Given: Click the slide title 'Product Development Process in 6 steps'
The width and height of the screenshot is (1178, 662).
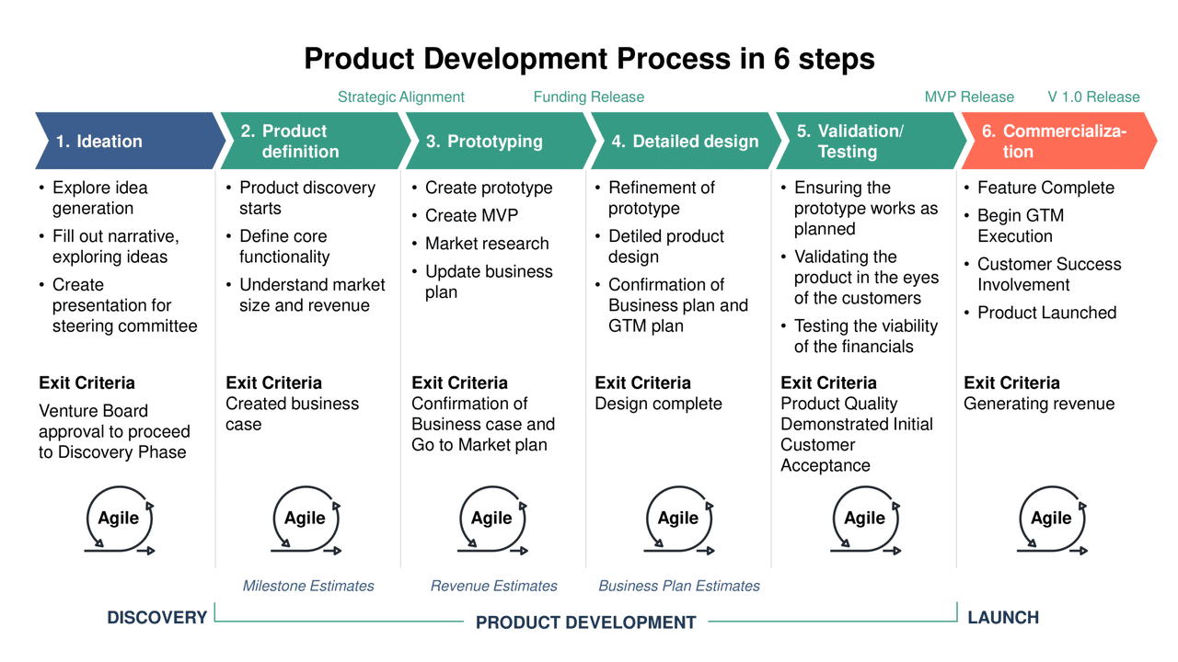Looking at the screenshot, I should (x=589, y=59).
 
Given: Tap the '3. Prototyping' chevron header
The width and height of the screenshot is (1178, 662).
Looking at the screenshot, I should (x=497, y=142).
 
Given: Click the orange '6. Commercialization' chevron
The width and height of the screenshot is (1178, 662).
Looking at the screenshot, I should (x=1054, y=142).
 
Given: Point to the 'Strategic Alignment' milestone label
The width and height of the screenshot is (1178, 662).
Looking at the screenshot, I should (x=400, y=97).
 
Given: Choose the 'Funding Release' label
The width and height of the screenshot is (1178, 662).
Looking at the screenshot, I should (x=588, y=97).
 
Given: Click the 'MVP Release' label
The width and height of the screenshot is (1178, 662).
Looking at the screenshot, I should (x=968, y=97).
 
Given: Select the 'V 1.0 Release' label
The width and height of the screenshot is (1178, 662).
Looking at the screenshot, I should (x=1093, y=97).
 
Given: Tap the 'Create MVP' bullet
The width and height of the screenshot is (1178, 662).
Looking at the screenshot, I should (x=471, y=216).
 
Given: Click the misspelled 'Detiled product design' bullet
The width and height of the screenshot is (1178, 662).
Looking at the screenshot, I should (x=666, y=246).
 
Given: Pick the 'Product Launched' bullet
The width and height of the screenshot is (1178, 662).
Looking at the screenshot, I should (x=1046, y=313).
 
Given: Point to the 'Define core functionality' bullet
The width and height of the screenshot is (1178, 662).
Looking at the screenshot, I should (x=283, y=246).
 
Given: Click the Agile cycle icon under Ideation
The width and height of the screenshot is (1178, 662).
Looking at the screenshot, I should (x=120, y=519).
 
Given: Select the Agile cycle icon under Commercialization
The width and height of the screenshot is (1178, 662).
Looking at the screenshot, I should (x=1052, y=519).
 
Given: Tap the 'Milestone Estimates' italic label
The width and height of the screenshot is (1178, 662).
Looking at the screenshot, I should (x=308, y=586).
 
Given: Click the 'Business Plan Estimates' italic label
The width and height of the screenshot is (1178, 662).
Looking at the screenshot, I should (x=679, y=586).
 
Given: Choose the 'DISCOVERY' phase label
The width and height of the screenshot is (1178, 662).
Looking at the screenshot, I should (x=156, y=618).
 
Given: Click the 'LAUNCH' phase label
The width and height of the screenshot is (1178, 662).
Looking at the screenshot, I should (x=1003, y=618).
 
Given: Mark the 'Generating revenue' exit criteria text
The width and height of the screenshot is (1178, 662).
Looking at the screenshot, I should (x=1038, y=404).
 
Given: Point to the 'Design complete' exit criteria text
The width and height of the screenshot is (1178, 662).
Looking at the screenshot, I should (x=658, y=404).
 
